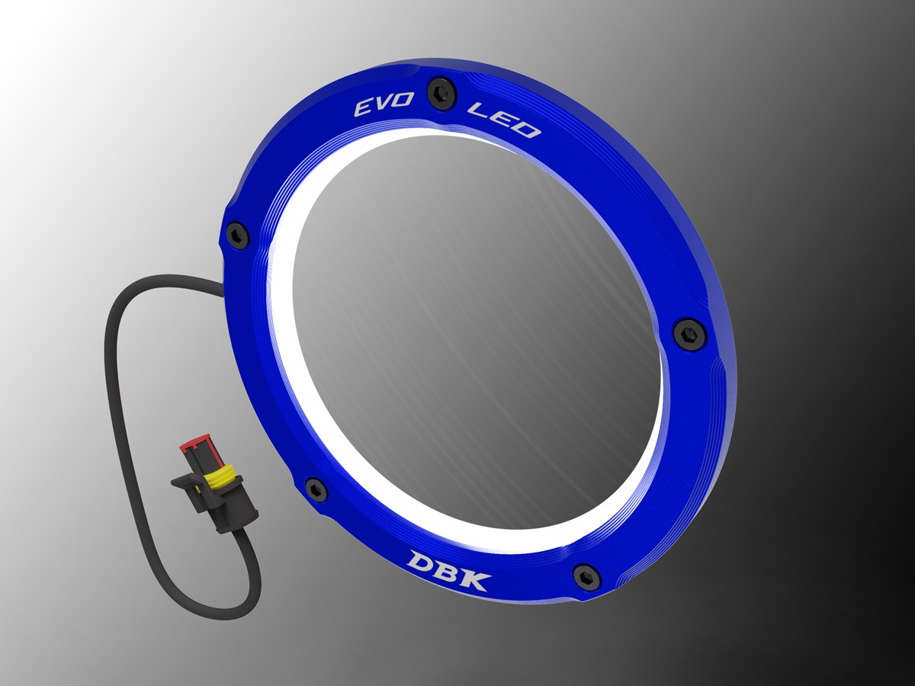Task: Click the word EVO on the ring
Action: click(x=383, y=107)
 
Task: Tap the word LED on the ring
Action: click(x=506, y=123)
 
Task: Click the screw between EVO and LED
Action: click(x=441, y=92)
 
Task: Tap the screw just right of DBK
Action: click(x=587, y=576)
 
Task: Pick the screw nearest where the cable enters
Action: click(x=238, y=234)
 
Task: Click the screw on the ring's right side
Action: click(x=689, y=333)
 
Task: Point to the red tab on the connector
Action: click(x=192, y=451)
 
